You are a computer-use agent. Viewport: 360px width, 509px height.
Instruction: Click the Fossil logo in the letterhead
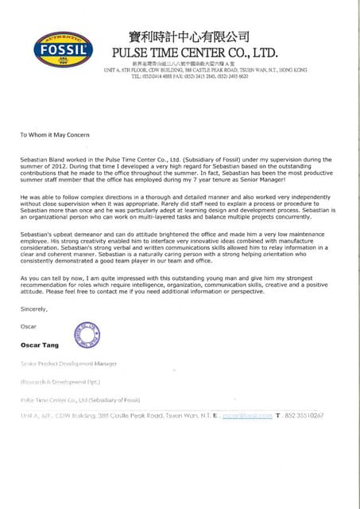coord(62,49)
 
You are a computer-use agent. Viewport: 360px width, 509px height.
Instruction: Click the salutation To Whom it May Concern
coord(56,134)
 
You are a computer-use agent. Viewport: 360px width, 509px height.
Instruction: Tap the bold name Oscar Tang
coord(44,346)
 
